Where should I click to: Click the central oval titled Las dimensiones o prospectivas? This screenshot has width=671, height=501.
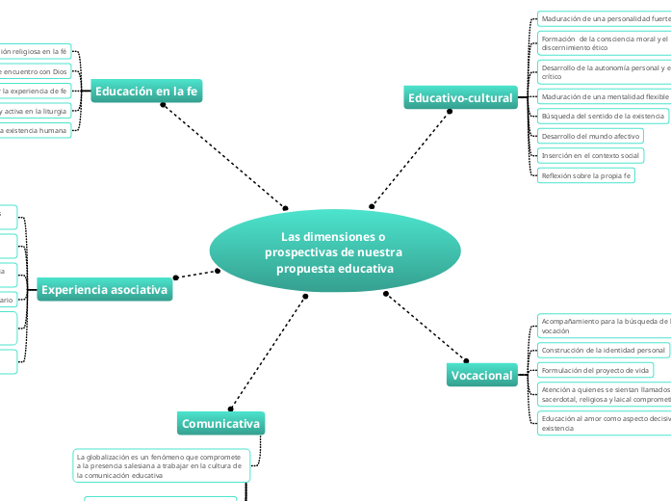pos(334,251)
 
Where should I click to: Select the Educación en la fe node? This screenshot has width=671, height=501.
pos(146,92)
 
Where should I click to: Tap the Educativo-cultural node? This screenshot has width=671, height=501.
pos(461,97)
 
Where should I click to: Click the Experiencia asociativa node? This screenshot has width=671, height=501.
pos(105,289)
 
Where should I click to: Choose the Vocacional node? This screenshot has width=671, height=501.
pos(482,375)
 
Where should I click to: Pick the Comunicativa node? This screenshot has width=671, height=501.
pos(220,423)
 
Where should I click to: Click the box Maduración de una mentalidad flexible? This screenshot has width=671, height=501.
pos(604,97)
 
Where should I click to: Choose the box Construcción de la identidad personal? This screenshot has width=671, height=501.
pos(603,350)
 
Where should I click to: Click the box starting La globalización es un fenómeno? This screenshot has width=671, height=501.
pos(161,464)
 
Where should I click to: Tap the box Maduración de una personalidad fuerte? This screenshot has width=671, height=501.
pos(604,19)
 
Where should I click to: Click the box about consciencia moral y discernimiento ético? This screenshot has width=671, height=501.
pos(604,42)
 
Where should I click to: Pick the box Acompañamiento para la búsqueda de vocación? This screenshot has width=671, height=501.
pos(604,325)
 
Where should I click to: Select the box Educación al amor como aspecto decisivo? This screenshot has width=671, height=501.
pos(604,423)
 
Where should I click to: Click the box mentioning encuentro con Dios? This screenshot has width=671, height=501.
pos(36,71)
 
